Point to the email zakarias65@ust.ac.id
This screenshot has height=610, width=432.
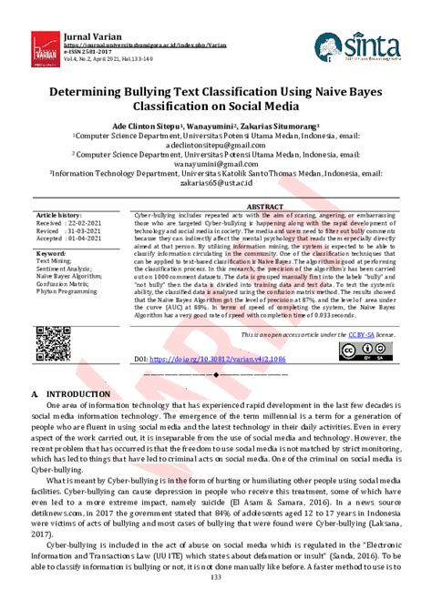[215, 182]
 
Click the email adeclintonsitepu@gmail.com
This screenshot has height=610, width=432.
[215, 144]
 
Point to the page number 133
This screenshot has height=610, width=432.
[215, 602]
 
